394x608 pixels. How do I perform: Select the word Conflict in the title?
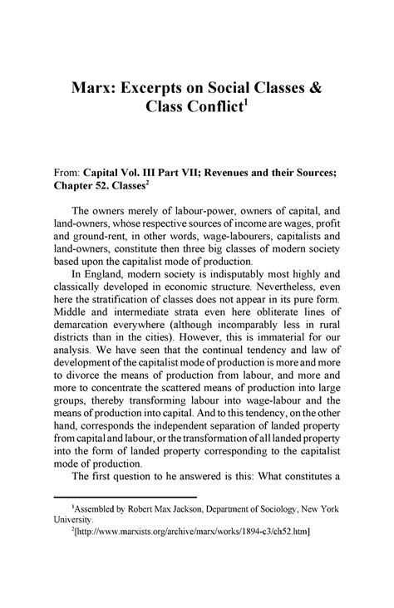(x=216, y=113)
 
